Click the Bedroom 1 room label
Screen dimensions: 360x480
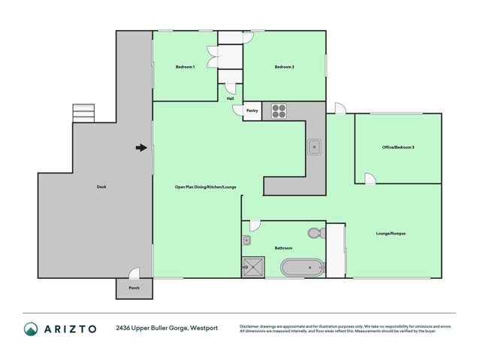(185, 67)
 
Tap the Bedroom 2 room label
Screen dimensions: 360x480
(284, 67)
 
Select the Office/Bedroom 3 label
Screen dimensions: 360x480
(398, 147)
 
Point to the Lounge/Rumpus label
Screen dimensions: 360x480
(391, 234)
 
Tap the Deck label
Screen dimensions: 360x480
(101, 186)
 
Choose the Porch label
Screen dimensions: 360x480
(134, 288)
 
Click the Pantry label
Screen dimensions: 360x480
(252, 110)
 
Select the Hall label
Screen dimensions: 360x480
(230, 97)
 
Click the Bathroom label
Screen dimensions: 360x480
(283, 248)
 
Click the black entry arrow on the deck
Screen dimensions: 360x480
(140, 148)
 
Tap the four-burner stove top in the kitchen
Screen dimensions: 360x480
(279, 111)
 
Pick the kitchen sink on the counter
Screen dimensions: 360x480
(314, 147)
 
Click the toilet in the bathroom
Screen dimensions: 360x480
(316, 233)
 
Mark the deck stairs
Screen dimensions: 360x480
(83, 113)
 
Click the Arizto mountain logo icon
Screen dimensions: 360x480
(31, 328)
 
